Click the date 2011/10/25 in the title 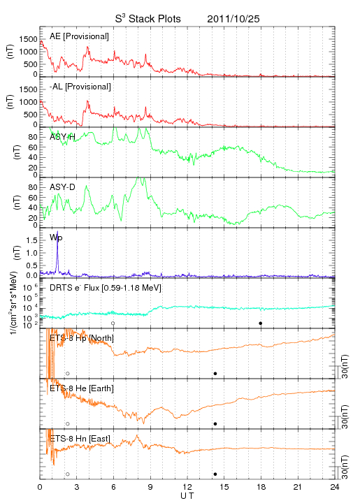(233, 19)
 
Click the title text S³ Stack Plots (148, 19)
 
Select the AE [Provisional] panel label (79, 36)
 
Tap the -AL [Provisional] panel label (80, 87)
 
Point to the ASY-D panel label (62, 187)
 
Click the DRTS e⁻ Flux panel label (106, 288)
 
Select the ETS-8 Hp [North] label (82, 338)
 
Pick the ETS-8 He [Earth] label (82, 388)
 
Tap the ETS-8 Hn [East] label (80, 439)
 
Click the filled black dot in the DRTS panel (261, 323)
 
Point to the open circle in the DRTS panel (113, 323)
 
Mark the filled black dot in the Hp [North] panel (215, 373)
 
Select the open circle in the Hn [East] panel (68, 474)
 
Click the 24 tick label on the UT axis (335, 487)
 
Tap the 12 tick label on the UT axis (187, 487)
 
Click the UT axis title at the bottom (187, 496)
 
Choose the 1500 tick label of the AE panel (28, 39)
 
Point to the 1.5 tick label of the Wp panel (31, 240)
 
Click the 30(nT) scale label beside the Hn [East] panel (345, 467)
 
